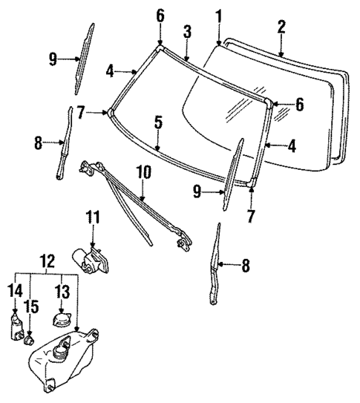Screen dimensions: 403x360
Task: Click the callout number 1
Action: coord(218,15)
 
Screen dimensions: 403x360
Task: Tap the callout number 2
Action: coord(281,28)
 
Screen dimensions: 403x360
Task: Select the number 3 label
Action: coord(187,31)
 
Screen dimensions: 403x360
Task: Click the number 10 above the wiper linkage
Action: coord(143,173)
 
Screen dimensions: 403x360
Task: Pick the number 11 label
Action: coord(92,218)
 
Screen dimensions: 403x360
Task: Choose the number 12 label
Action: coord(46,261)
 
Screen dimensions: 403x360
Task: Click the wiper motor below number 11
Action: coord(89,258)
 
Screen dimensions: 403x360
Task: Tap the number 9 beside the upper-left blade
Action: coord(53,59)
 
